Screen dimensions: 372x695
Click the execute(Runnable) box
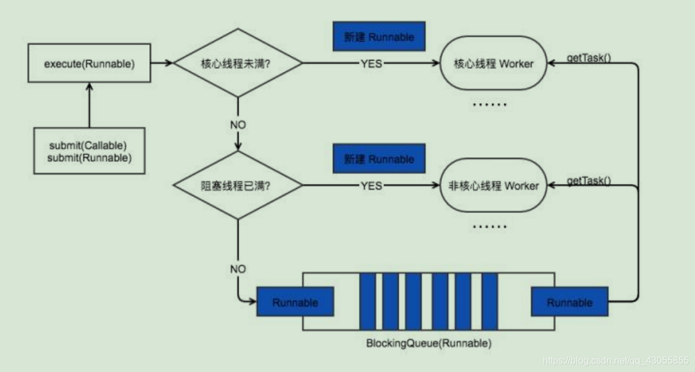89,63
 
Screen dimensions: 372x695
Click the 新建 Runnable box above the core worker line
379,37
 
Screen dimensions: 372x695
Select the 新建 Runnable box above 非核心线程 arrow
379,159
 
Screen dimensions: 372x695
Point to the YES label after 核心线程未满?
371,64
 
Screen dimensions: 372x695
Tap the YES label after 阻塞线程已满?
371,185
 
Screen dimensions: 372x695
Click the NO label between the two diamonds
238,125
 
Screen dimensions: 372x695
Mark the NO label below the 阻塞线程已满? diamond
238,269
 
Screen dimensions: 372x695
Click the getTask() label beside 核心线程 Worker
589,59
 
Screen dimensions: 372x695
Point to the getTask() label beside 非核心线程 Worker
589,181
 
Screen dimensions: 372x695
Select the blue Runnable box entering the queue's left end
295,302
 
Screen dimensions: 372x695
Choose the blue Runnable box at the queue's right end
570,302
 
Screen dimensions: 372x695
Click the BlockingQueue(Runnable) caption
429,344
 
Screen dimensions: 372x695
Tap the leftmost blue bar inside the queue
367,301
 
